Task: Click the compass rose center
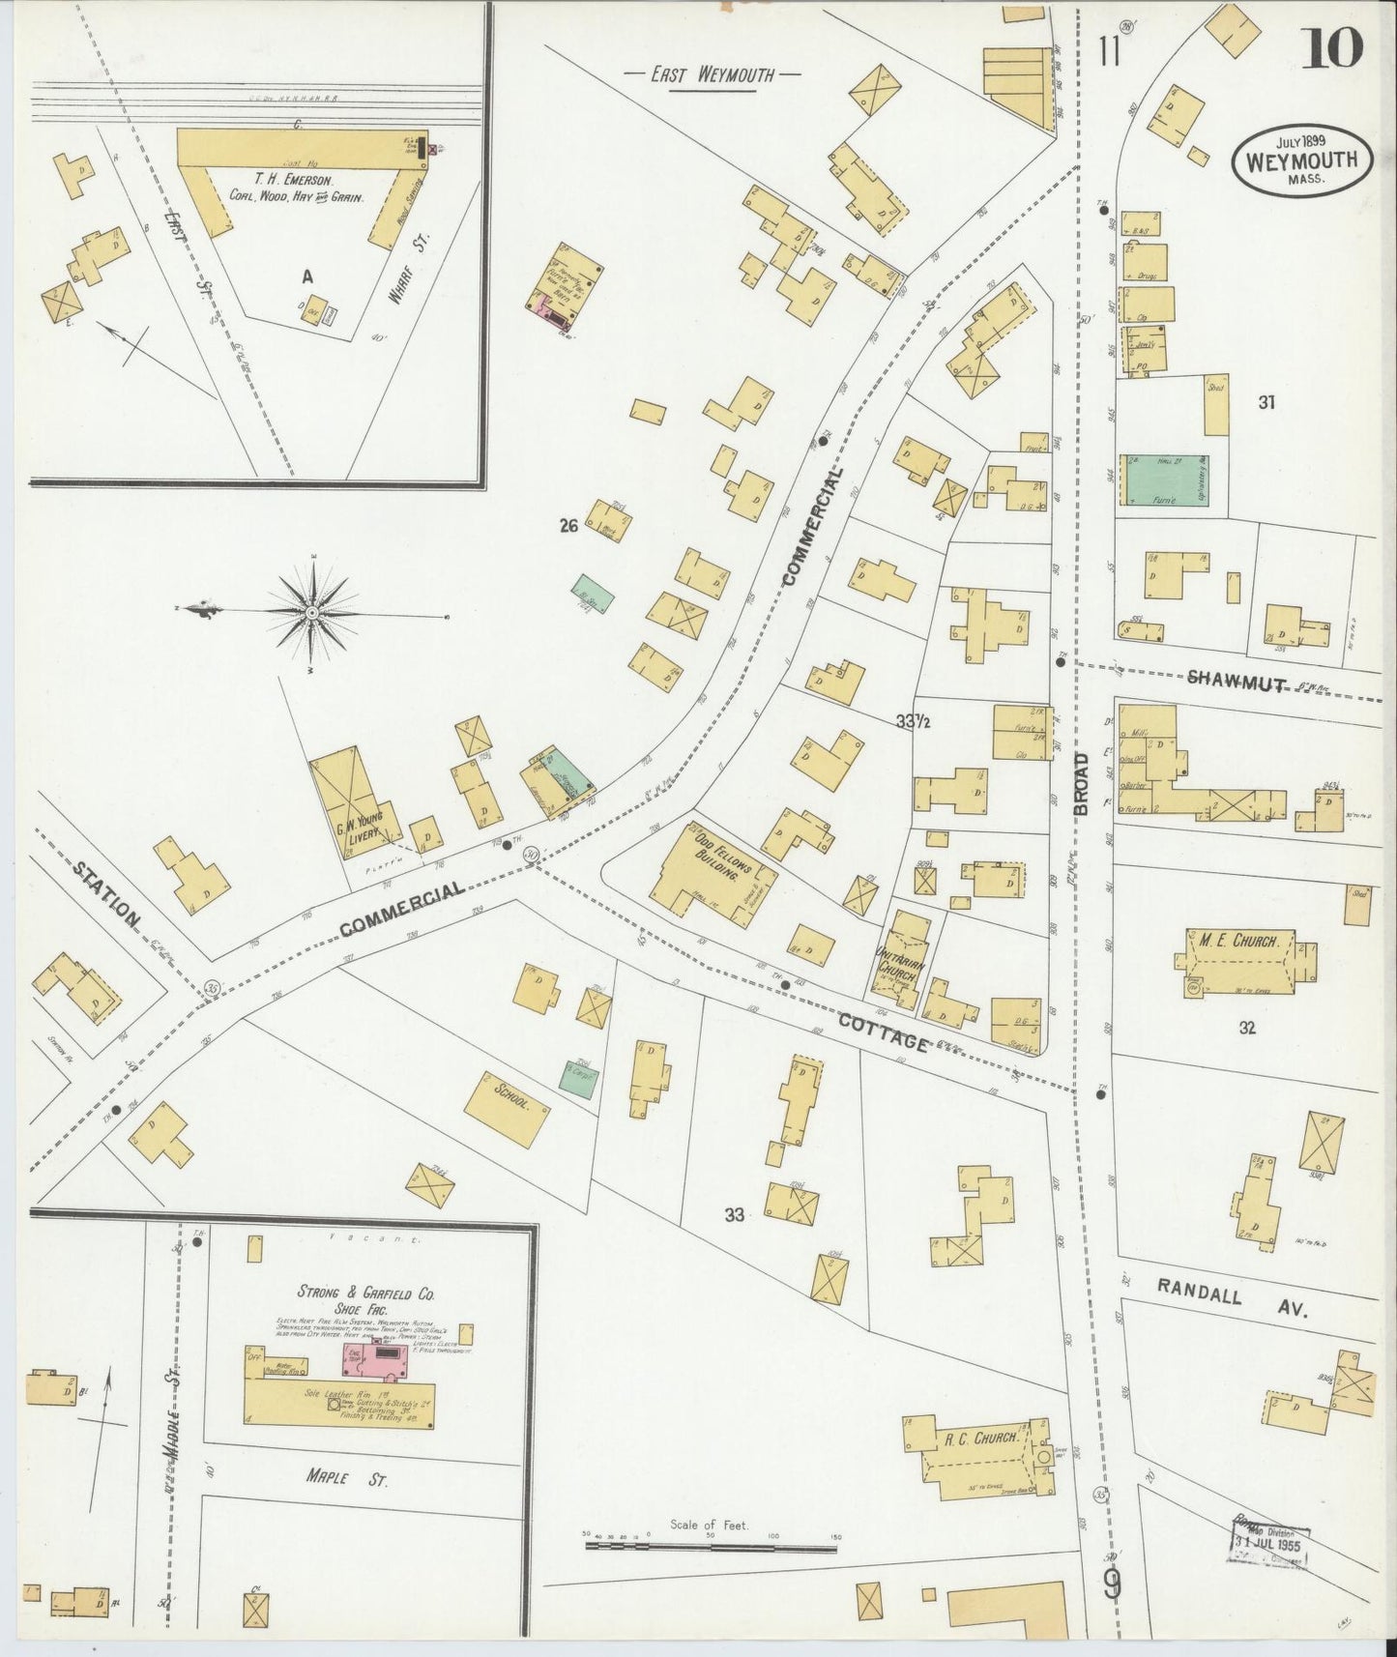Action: pos(312,613)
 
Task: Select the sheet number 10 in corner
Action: pos(1331,48)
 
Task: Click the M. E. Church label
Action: pos(1233,941)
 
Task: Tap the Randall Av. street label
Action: pos(1231,1298)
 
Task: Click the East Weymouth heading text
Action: pos(712,74)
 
